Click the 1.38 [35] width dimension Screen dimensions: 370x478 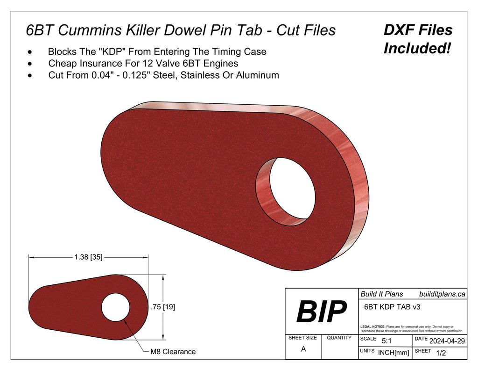click(x=88, y=257)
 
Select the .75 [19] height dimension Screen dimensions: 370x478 click(x=163, y=307)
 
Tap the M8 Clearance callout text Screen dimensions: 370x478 click(x=173, y=352)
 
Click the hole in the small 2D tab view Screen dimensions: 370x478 click(x=115, y=307)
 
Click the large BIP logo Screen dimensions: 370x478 click(x=321, y=312)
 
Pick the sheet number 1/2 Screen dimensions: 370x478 click(x=440, y=353)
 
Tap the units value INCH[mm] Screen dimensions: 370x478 click(x=393, y=353)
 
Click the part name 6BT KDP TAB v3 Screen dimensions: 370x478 click(x=388, y=307)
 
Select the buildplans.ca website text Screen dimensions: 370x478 click(x=442, y=294)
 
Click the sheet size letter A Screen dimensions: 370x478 click(x=303, y=349)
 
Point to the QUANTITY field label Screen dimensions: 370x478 click(x=339, y=338)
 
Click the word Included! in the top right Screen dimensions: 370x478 click(x=417, y=48)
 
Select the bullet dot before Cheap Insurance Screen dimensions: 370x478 click(x=30, y=63)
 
